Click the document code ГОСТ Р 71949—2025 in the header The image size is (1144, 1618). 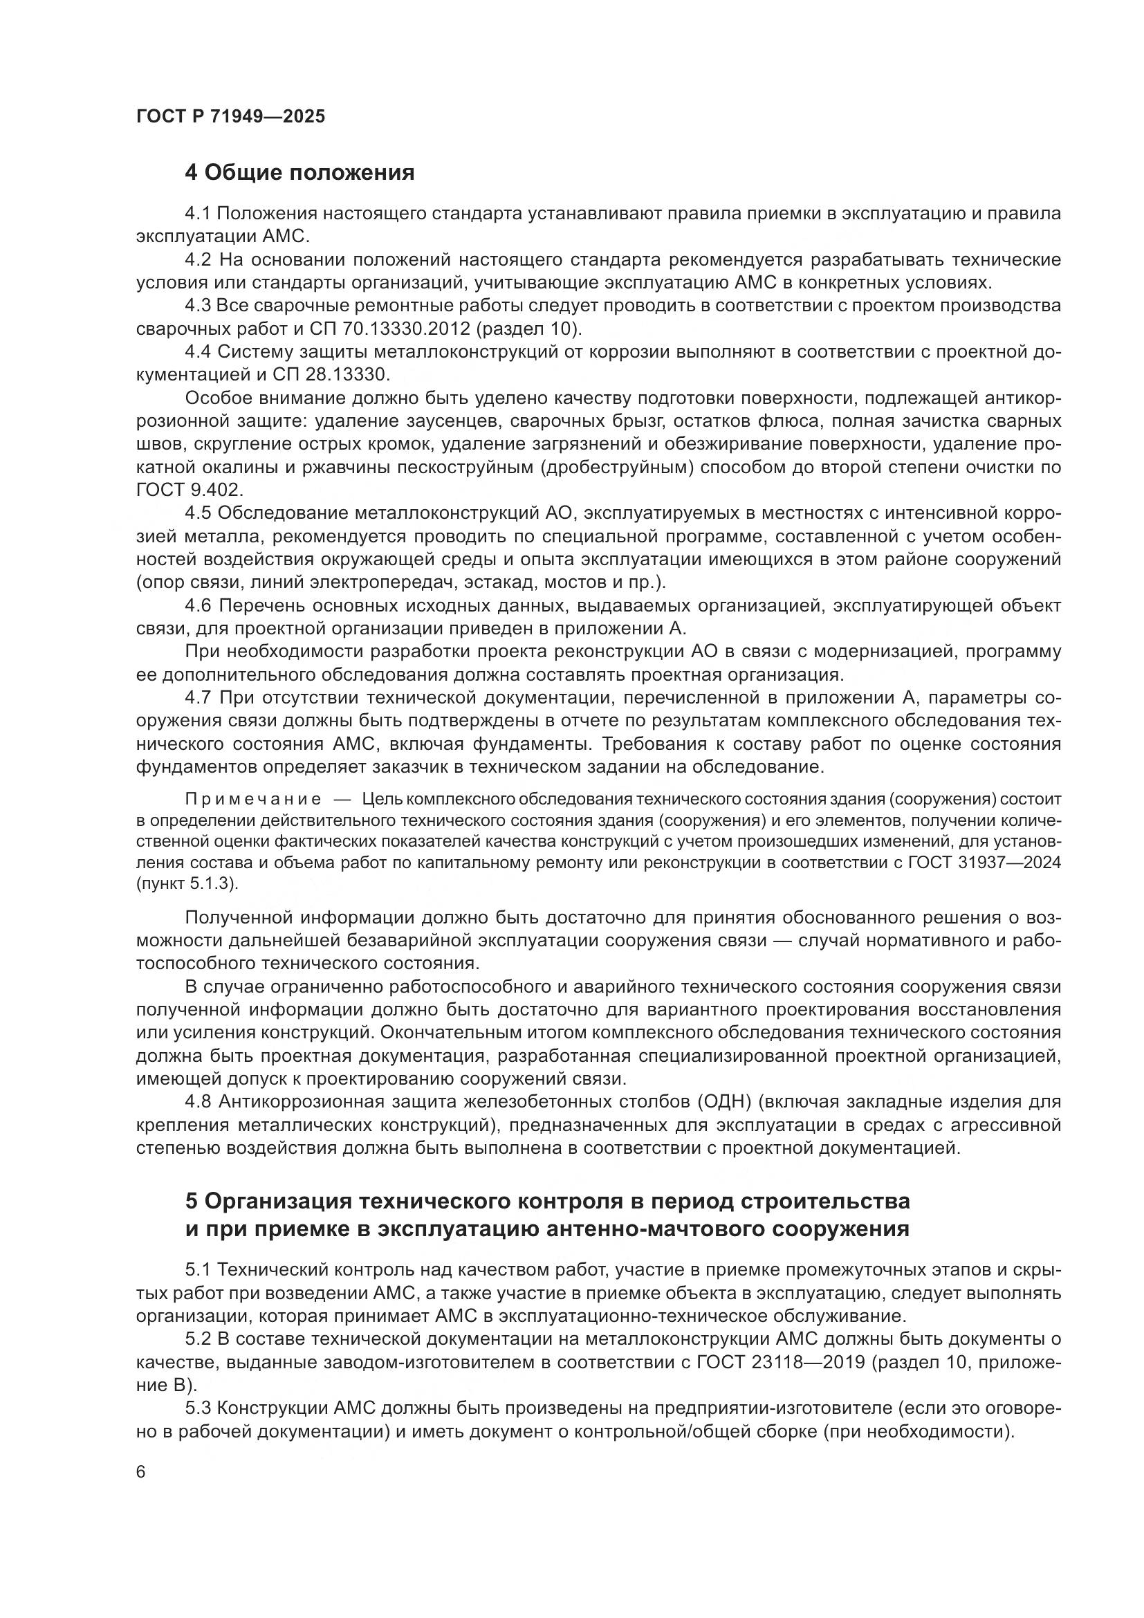pyautogui.click(x=230, y=117)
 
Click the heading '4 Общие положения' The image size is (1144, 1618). pyautogui.click(x=299, y=173)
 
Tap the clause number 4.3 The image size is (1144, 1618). pyautogui.click(x=198, y=306)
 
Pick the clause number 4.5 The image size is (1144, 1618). pyautogui.click(x=198, y=513)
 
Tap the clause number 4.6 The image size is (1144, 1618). pyautogui.click(x=198, y=605)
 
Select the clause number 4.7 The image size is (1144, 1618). pyautogui.click(x=198, y=698)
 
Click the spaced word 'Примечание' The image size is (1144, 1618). pyautogui.click(x=253, y=799)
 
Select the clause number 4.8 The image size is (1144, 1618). pyautogui.click(x=198, y=1101)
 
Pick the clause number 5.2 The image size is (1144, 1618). pyautogui.click(x=198, y=1339)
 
